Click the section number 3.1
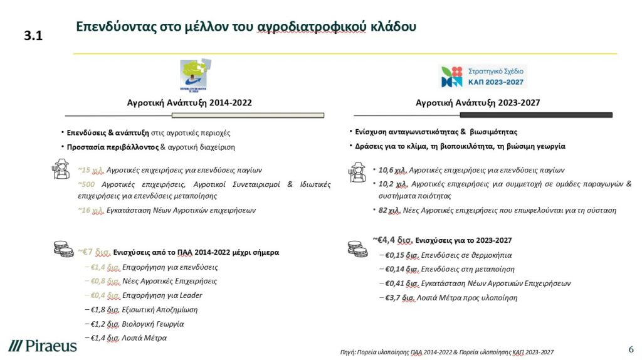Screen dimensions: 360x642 [33, 36]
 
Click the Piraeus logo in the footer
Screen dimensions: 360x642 [43, 346]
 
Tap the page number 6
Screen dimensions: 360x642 [631, 349]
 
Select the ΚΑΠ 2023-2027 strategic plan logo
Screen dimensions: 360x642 [483, 76]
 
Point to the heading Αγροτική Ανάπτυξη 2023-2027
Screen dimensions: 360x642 [478, 102]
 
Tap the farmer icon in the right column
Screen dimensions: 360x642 [357, 171]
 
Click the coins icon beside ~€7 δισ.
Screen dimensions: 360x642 [63, 248]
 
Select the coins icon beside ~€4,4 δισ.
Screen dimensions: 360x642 [357, 248]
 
